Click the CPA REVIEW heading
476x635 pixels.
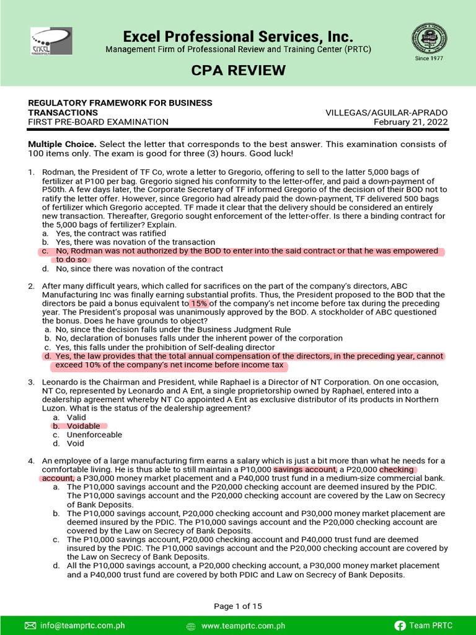click(x=238, y=71)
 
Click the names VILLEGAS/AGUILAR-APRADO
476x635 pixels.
click(x=386, y=112)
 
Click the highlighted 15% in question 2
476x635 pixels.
click(x=199, y=304)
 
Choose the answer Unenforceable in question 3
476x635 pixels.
click(x=94, y=435)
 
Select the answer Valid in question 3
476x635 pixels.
click(x=77, y=417)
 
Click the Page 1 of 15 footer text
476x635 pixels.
click(x=238, y=606)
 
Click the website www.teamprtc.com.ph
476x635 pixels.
click(x=243, y=626)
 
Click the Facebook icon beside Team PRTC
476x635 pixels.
click(x=400, y=626)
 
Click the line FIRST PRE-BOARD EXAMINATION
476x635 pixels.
click(x=99, y=122)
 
